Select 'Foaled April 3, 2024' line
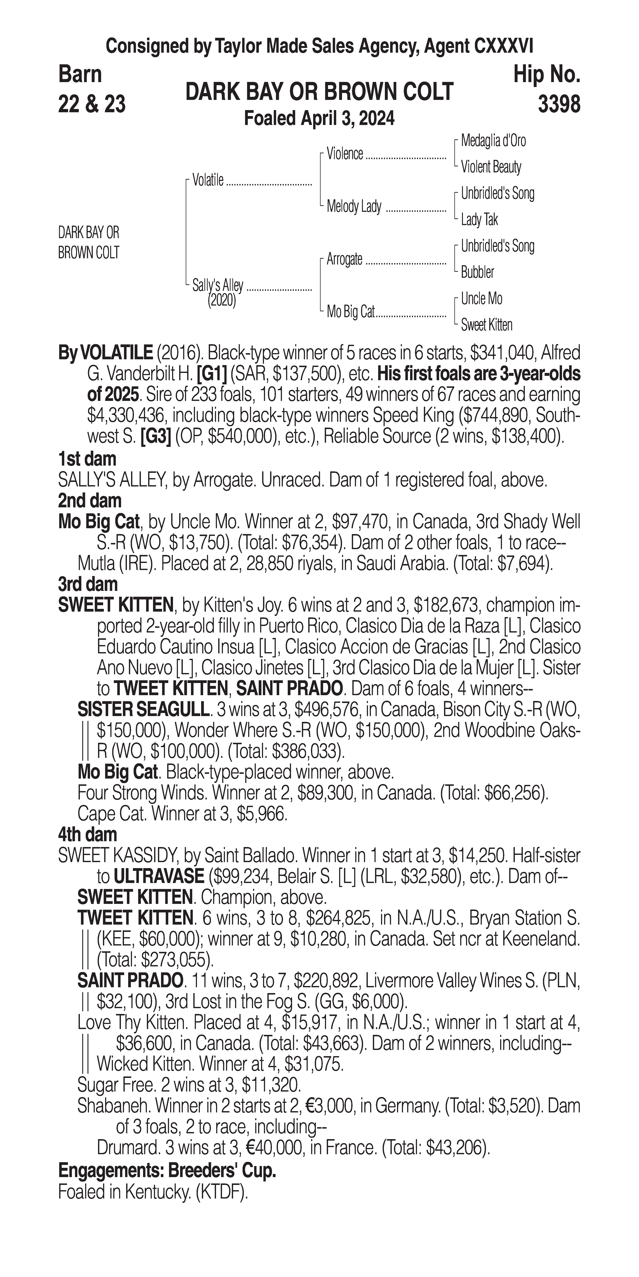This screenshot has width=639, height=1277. tap(319, 118)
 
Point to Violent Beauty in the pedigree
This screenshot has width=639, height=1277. tap(491, 167)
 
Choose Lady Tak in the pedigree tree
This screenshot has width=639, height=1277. tap(479, 220)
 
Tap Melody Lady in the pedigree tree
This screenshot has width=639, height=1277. tap(354, 206)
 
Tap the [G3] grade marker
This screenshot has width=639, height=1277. tap(156, 436)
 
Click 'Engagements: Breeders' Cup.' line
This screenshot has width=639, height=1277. tap(167, 1170)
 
